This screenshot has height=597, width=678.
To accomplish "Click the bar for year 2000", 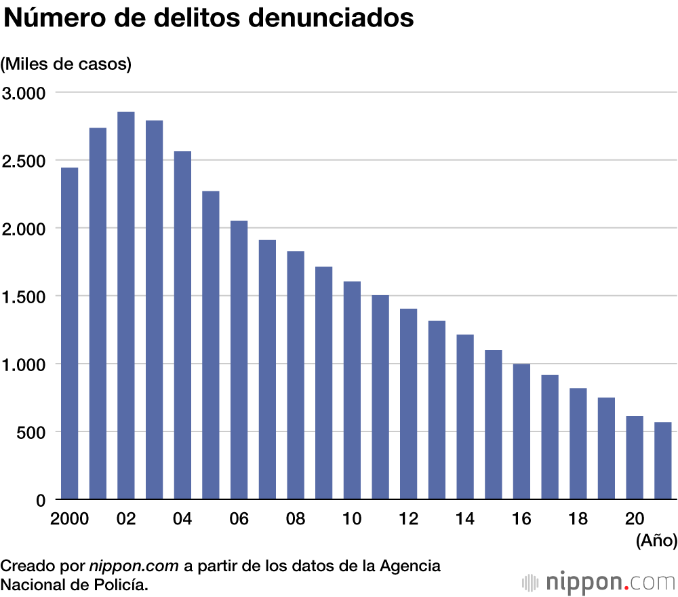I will tap(70, 334).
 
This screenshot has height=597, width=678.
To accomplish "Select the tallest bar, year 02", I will tap(126, 306).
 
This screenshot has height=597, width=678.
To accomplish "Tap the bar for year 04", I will tap(182, 326).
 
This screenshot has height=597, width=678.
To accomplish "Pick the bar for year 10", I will tap(352, 391).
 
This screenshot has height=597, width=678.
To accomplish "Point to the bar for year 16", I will tap(521, 432).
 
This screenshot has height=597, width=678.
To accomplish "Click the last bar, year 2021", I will tap(662, 461).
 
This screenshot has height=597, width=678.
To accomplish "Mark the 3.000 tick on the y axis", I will tap(24, 92).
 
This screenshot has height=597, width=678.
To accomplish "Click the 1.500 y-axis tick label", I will tap(24, 296).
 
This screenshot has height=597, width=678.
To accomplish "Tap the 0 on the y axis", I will tap(41, 500).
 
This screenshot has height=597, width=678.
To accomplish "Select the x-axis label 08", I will tap(295, 519).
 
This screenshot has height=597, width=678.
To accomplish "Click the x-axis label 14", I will tap(464, 519).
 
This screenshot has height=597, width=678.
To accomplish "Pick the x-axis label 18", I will tap(578, 519).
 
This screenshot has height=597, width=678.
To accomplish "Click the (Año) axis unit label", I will tap(656, 541).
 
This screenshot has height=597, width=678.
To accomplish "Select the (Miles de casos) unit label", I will tap(66, 64).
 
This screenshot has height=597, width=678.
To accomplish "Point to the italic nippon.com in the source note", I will tap(134, 565).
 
